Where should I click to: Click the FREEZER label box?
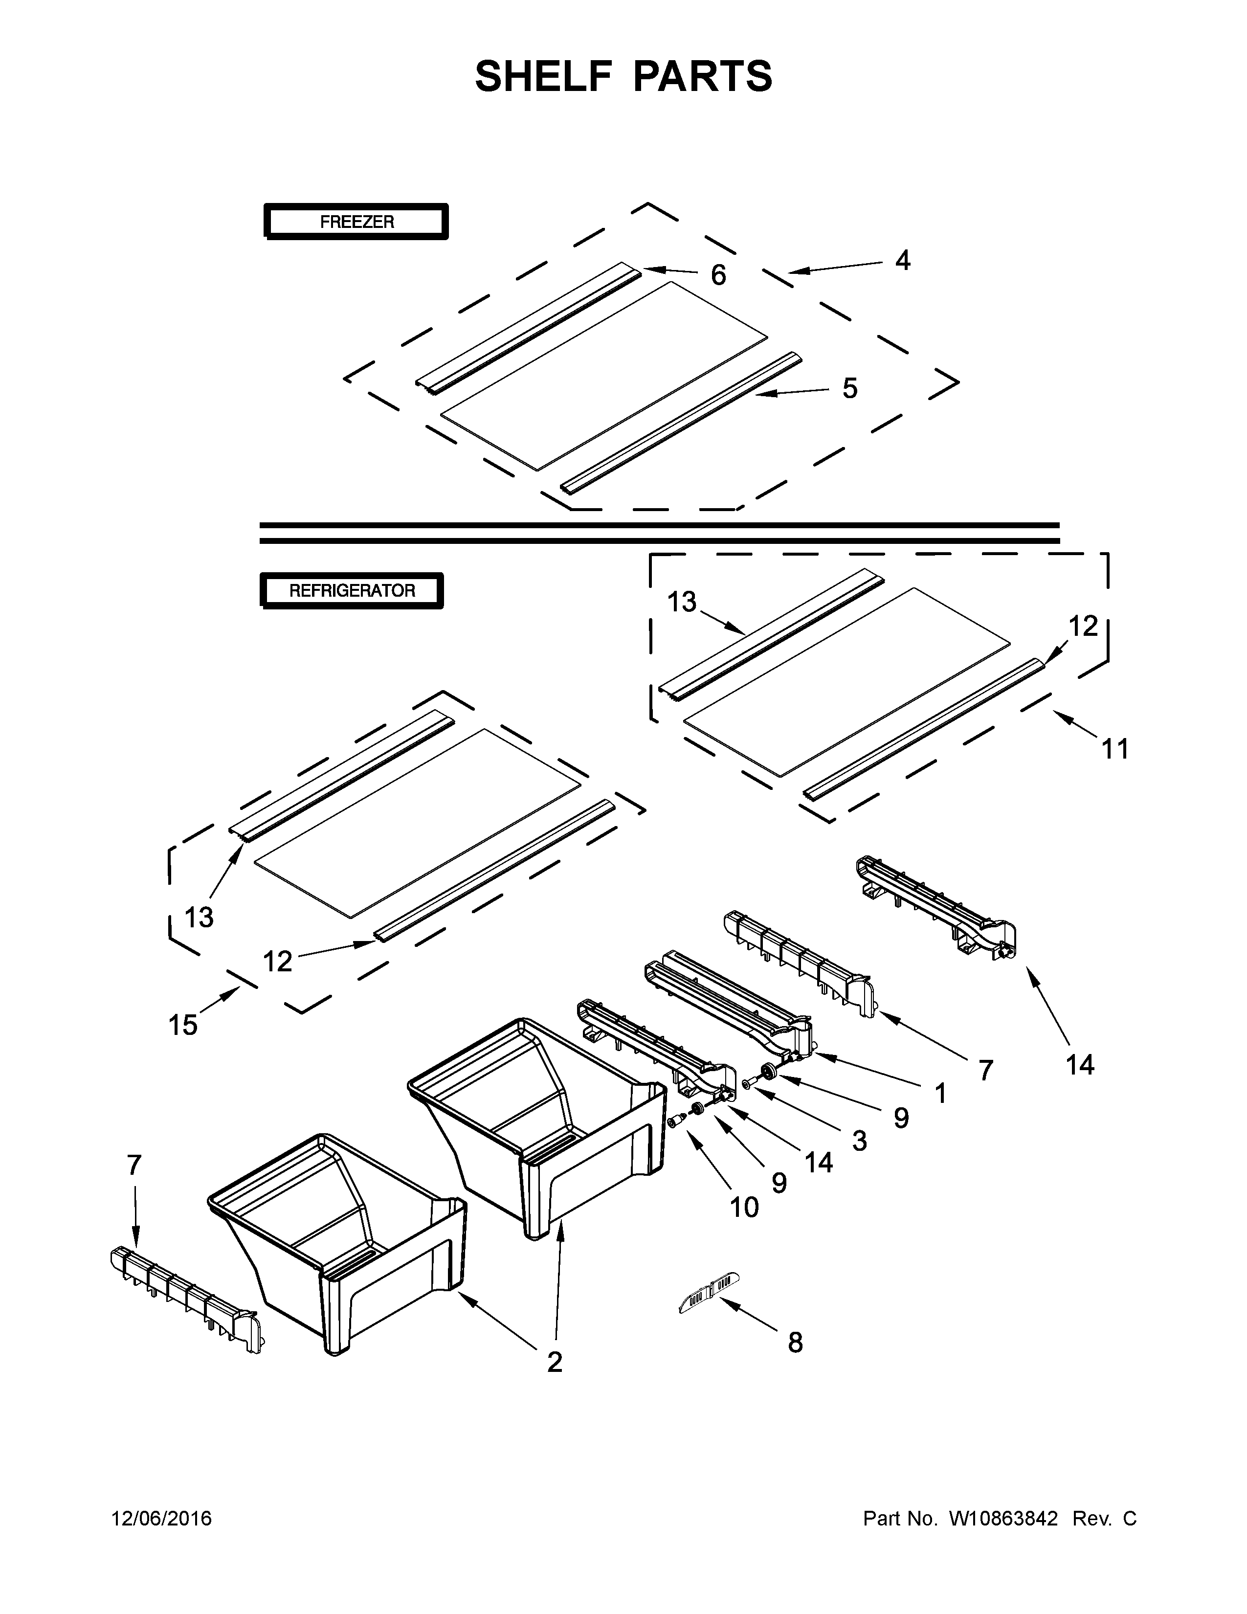coord(356,222)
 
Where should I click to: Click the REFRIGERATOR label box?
coord(352,590)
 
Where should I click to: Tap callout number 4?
coord(902,261)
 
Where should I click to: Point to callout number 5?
coord(849,389)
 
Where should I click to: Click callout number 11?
coord(1115,749)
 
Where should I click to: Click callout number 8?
coord(795,1343)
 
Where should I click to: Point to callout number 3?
coord(858,1140)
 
